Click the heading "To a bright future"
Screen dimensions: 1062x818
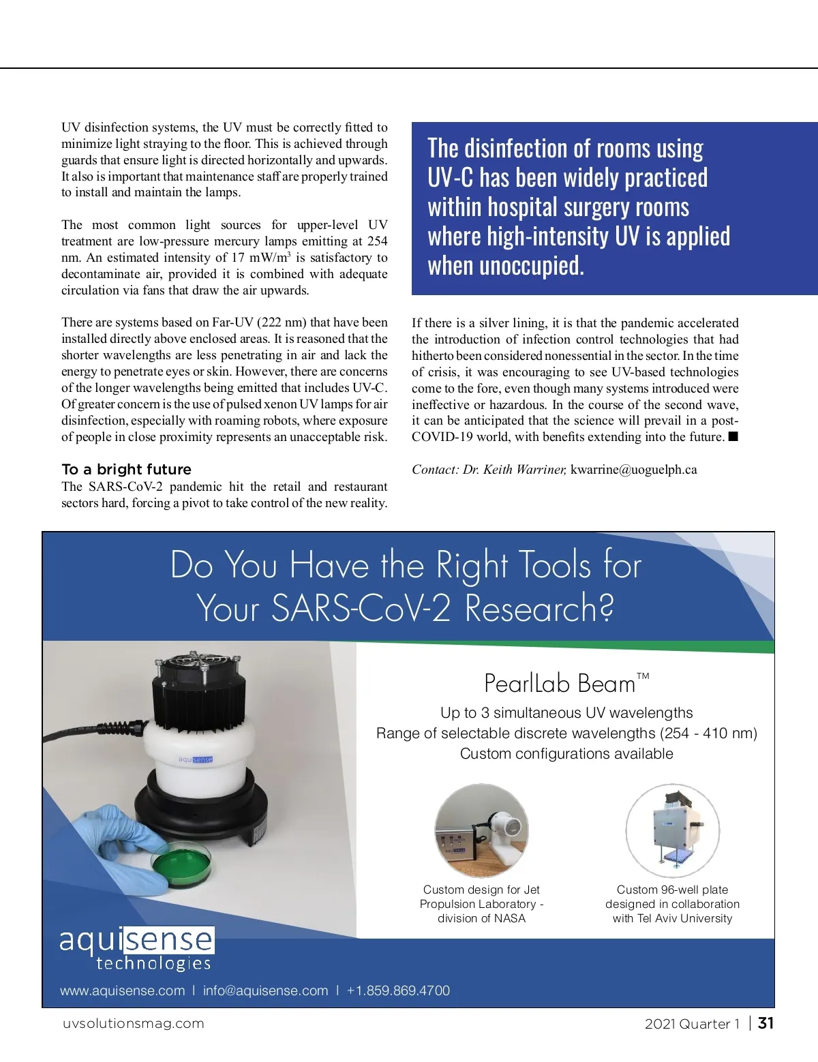pyautogui.click(x=126, y=469)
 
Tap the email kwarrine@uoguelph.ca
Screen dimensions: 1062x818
pyautogui.click(x=633, y=469)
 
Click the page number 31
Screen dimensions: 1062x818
pyautogui.click(x=766, y=1022)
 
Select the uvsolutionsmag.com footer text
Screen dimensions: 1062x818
pyautogui.click(x=134, y=1023)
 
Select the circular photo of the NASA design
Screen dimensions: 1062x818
pyautogui.click(x=482, y=830)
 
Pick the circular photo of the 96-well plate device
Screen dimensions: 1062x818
pyautogui.click(x=672, y=830)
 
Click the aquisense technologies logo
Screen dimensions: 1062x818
pyautogui.click(x=136, y=948)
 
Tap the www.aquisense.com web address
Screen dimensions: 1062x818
pyautogui.click(x=123, y=990)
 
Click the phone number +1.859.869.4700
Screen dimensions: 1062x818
pyautogui.click(x=398, y=990)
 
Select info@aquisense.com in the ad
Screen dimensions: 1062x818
pyautogui.click(x=265, y=990)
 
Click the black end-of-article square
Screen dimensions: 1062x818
pyautogui.click(x=733, y=436)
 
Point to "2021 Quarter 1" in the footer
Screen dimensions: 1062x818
pyautogui.click(x=692, y=1023)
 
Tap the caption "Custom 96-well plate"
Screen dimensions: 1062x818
pyautogui.click(x=672, y=890)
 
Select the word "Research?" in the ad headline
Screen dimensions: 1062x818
pyautogui.click(x=539, y=608)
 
